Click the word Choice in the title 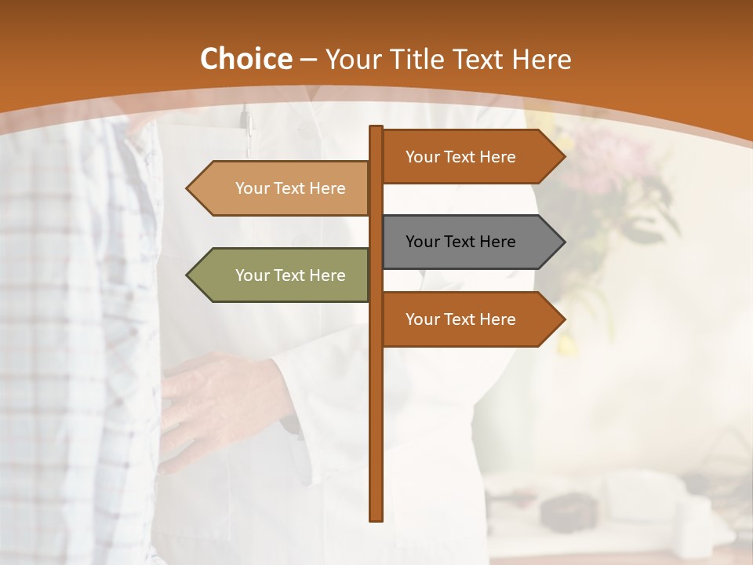pos(246,60)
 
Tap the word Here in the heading pos(541,60)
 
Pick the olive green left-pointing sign pos(282,275)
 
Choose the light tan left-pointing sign pos(282,188)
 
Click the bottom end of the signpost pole pos(376,518)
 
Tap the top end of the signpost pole pos(376,129)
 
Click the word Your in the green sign pos(253,275)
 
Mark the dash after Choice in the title pos(308,60)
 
